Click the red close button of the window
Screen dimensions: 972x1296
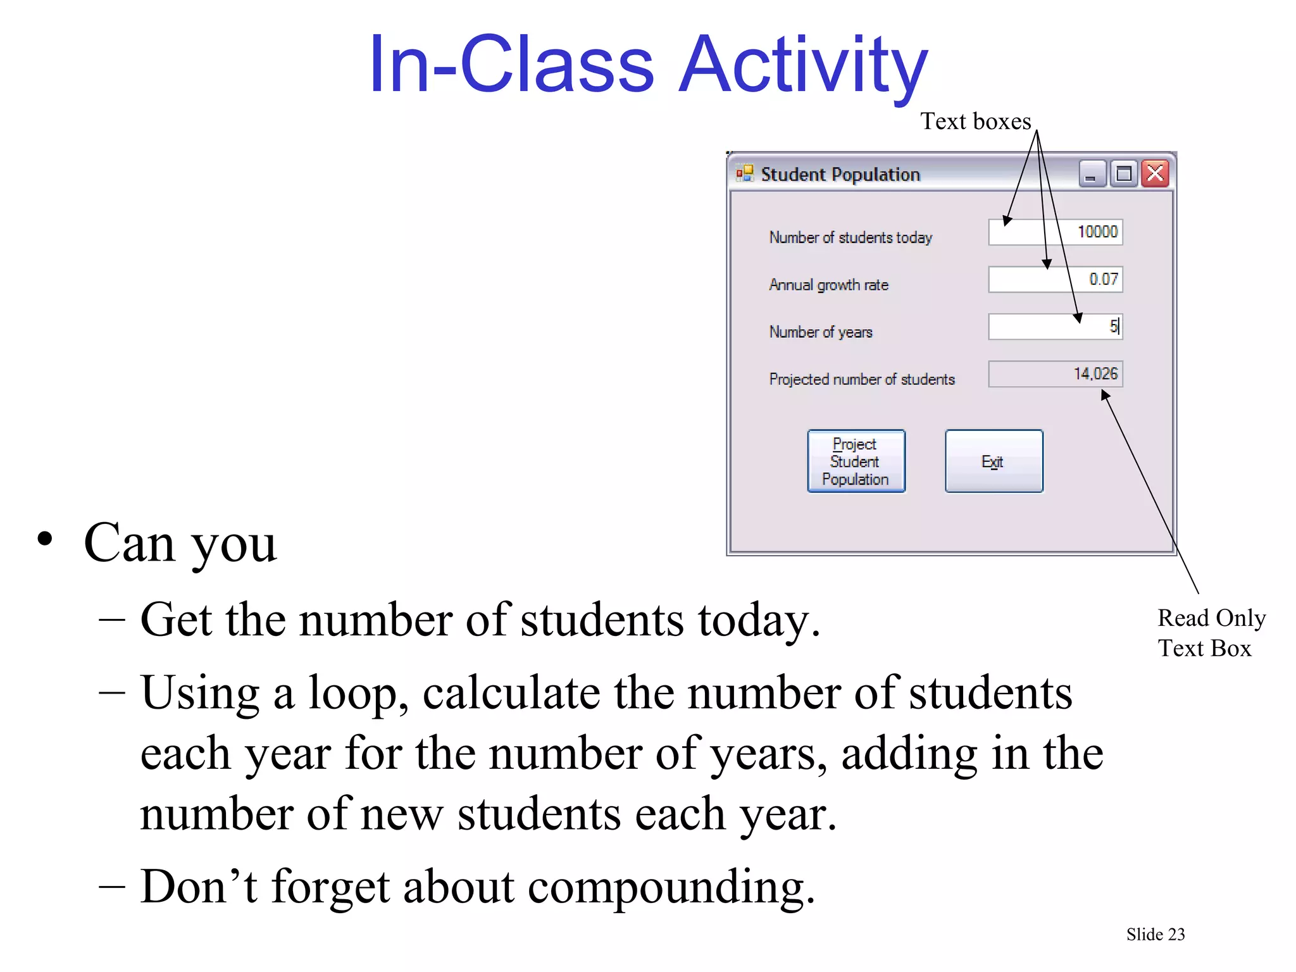pyautogui.click(x=1156, y=173)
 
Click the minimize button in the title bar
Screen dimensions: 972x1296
pyautogui.click(x=1092, y=173)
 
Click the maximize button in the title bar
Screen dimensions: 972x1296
pyautogui.click(x=1124, y=173)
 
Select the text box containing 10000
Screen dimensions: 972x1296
pyautogui.click(x=1055, y=232)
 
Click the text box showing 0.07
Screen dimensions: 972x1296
pyautogui.click(x=1055, y=279)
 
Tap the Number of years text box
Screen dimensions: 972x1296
pyautogui.click(x=1055, y=327)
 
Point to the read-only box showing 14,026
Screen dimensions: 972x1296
pyautogui.click(x=1055, y=374)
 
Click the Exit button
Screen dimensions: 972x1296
pyautogui.click(x=994, y=461)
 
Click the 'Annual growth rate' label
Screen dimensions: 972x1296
pyautogui.click(x=828, y=285)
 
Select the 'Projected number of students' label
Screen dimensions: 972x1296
pyautogui.click(x=861, y=379)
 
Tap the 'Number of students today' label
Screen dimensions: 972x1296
pyautogui.click(x=850, y=237)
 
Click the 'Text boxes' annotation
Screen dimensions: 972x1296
pyautogui.click(x=975, y=121)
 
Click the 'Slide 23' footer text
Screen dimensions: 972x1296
pyautogui.click(x=1155, y=935)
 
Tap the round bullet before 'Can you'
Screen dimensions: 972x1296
pyautogui.click(x=45, y=540)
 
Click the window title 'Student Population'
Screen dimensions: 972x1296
pyautogui.click(x=840, y=174)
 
